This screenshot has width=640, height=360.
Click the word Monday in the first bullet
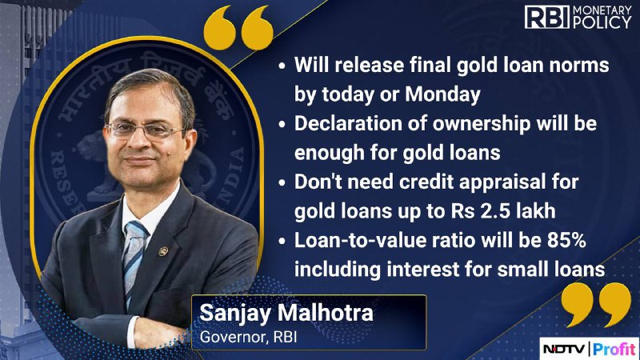point(442,94)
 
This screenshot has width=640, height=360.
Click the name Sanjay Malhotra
point(286,313)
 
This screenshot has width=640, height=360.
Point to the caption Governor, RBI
point(248,337)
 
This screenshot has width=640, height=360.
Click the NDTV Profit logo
point(589,349)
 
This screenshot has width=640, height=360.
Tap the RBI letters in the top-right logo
point(547,17)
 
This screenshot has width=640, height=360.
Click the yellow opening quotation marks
point(238,28)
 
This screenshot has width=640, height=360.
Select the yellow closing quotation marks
point(596,305)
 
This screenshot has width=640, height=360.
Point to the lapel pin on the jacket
point(163,251)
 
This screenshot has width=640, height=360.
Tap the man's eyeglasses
point(146,130)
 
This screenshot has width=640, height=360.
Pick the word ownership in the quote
point(482,125)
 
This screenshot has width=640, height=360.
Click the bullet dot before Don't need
point(282,183)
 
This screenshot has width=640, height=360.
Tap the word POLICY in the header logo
point(602,23)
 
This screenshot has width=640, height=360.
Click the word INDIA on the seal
point(230,176)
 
